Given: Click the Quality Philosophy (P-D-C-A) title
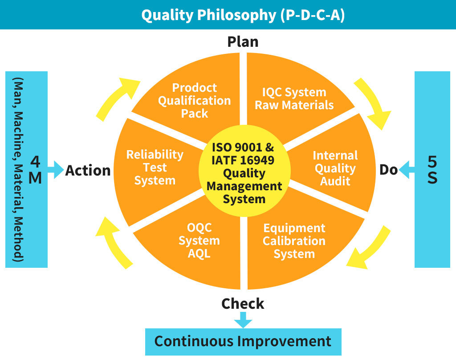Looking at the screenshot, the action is coord(243,15).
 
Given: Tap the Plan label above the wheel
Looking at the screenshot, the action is coord(243,41).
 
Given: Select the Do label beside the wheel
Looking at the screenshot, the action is coord(388,170).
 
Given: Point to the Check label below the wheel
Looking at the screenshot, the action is coord(243,303).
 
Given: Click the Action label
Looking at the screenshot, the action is coord(88,171).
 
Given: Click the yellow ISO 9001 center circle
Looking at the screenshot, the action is coord(244,171).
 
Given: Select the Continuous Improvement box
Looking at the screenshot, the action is coord(243,342).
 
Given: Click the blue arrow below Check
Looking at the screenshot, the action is coord(243,319).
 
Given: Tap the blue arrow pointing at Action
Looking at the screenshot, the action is coord(56,170).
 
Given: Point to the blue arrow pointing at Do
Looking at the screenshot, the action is coord(407,170).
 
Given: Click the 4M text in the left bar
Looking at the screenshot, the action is coord(35,170).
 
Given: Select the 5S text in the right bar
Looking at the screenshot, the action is coord(432,169).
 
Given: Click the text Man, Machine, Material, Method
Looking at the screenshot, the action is coord(18,169).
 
